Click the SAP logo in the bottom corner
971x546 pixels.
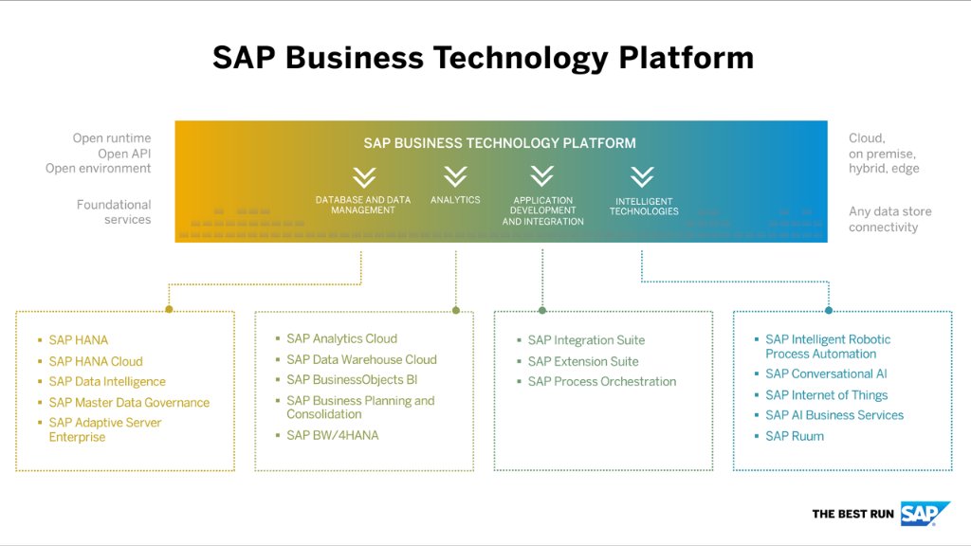click(925, 513)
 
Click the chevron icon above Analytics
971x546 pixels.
click(455, 176)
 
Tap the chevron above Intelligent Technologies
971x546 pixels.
click(642, 176)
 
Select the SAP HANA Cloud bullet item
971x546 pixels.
click(96, 361)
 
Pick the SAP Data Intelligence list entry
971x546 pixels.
click(107, 381)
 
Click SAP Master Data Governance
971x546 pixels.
click(129, 403)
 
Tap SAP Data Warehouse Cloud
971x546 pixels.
click(361, 359)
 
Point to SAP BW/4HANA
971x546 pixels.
click(332, 435)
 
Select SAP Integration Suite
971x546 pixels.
click(586, 340)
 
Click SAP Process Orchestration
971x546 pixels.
click(602, 381)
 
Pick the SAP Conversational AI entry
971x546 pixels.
click(826, 373)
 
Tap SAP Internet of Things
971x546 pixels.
click(827, 395)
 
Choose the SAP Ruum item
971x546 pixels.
click(795, 436)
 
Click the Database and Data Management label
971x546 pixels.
click(363, 205)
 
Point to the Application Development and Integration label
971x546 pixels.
click(542, 210)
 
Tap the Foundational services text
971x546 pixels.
click(114, 211)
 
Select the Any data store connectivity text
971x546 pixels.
click(889, 219)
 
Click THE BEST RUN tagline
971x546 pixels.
click(852, 514)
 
